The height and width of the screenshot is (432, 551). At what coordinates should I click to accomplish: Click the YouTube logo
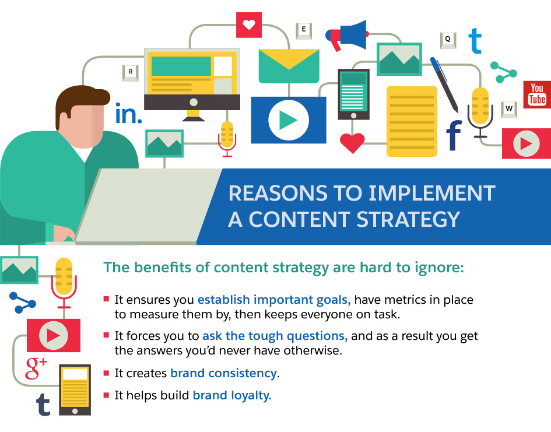(x=536, y=95)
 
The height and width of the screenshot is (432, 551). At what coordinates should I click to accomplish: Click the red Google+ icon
(x=36, y=367)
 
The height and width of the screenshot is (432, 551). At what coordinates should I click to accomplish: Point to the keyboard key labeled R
(x=130, y=72)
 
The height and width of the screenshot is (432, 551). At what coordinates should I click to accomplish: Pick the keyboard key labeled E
(x=303, y=30)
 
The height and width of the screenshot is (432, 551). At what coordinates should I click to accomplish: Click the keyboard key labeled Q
(x=447, y=40)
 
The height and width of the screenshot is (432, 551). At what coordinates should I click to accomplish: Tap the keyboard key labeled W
(x=509, y=108)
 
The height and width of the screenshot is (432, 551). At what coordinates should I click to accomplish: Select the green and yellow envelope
(x=289, y=66)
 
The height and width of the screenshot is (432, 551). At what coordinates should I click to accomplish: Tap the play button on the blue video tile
(x=288, y=120)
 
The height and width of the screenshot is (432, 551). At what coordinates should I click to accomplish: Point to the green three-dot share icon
(x=503, y=72)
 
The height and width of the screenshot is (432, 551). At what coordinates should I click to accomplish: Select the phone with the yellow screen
(x=75, y=389)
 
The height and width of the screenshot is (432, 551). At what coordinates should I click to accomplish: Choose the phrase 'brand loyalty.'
(x=232, y=395)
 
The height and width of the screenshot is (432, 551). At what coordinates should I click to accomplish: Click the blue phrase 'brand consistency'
(x=223, y=373)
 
